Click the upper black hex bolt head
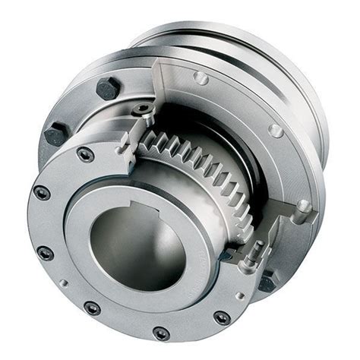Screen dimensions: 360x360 point(107,88)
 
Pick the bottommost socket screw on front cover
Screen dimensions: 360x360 point(161,333)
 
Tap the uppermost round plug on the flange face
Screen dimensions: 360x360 point(201,77)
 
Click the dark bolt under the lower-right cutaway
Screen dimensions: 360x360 point(267,283)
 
